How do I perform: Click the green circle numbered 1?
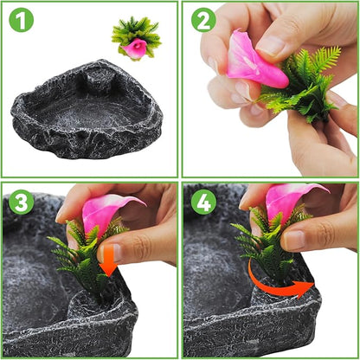21,20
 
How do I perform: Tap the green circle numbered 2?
203,20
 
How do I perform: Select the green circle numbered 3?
21,202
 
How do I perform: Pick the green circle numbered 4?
203,202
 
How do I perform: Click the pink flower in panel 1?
134,48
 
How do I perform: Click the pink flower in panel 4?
288,199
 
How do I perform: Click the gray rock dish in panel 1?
87,110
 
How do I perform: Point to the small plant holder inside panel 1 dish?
98,79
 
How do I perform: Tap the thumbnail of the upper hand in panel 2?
271,46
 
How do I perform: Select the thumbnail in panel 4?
294,241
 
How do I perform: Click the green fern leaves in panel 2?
303,84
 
